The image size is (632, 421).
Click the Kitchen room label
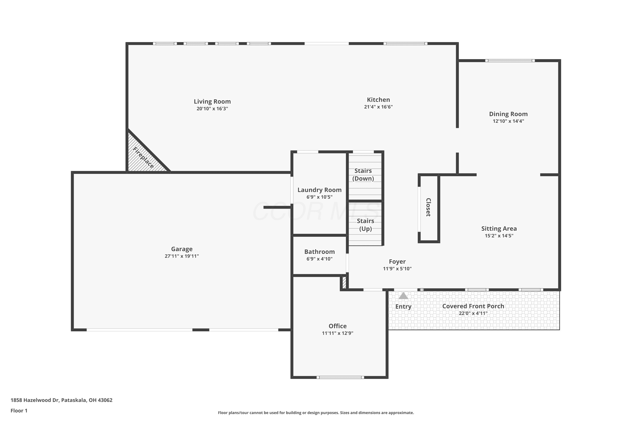pyautogui.click(x=378, y=100)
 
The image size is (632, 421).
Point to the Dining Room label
pyautogui.click(x=508, y=114)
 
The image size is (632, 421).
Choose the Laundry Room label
pyautogui.click(x=320, y=190)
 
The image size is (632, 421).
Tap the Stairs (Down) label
pyautogui.click(x=363, y=175)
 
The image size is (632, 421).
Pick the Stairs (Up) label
pyautogui.click(x=366, y=225)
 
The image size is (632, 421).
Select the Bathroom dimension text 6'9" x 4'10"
pyautogui.click(x=320, y=259)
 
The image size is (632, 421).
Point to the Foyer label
pyautogui.click(x=397, y=261)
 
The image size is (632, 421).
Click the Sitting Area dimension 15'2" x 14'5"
pyautogui.click(x=499, y=236)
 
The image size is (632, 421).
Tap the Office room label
pyautogui.click(x=337, y=326)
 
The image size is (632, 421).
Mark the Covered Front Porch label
pyautogui.click(x=473, y=306)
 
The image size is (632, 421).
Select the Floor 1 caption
pyautogui.click(x=19, y=410)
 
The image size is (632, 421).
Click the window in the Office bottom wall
pyautogui.click(x=340, y=377)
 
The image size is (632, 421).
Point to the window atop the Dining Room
pyautogui.click(x=510, y=61)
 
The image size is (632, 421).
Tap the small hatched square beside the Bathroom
pyautogui.click(x=344, y=282)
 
